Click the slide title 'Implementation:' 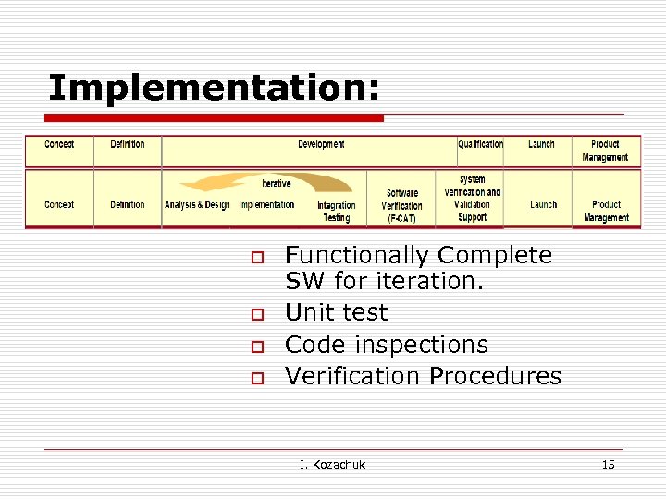point(214,88)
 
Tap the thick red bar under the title point(215,118)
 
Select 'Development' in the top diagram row point(321,144)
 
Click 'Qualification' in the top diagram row point(481,144)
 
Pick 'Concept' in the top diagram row point(59,144)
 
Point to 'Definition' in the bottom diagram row point(128,204)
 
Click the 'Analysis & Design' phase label point(197,204)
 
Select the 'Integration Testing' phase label point(336,212)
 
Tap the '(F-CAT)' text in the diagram point(402,219)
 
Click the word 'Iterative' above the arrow point(276,183)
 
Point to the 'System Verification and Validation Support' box point(472,198)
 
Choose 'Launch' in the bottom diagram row point(544,204)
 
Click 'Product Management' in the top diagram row point(605,151)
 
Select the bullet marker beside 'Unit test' point(259,315)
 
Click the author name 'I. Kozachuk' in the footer point(332,464)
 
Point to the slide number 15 point(608,464)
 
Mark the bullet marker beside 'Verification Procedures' point(259,378)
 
